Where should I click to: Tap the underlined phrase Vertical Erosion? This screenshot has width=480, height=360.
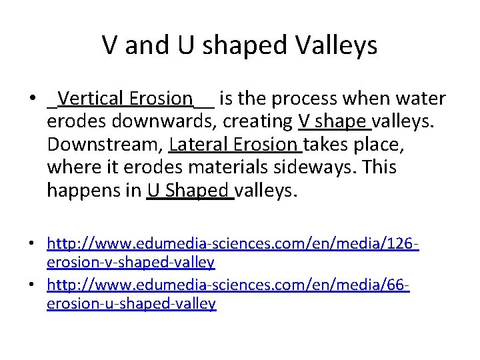click(x=125, y=99)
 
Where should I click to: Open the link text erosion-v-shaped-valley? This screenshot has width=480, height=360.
click(x=131, y=263)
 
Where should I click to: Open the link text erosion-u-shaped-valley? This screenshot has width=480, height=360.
click(x=131, y=304)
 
